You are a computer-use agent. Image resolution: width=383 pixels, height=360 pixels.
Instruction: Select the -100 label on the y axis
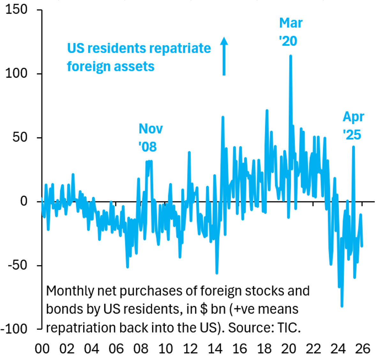pyautogui.click(x=14, y=329)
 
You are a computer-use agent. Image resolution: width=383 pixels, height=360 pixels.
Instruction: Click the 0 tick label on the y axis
pyautogui.click(x=24, y=201)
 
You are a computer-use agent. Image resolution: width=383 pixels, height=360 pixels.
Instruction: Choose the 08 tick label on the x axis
pyautogui.click(x=141, y=349)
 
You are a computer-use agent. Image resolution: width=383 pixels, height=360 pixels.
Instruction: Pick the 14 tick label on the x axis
pyautogui.click(x=215, y=349)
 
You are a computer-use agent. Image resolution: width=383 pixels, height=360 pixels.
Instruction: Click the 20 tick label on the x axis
pyautogui.click(x=289, y=349)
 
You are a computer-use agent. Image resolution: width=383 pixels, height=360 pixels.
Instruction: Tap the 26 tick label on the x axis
pyautogui.click(x=363, y=349)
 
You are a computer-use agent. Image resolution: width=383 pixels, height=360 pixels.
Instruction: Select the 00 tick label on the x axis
pyautogui.click(x=42, y=349)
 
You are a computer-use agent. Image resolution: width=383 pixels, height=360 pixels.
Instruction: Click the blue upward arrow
pyautogui.click(x=224, y=56)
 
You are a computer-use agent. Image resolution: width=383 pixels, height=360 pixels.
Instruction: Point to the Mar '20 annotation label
pyautogui.click(x=290, y=32)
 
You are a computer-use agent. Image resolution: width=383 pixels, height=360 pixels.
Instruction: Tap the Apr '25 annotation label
pyautogui.click(x=353, y=126)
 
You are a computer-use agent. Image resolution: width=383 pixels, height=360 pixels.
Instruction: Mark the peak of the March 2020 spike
pyautogui.click(x=290, y=56)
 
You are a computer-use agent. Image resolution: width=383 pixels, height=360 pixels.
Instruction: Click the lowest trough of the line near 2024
pyautogui.click(x=342, y=306)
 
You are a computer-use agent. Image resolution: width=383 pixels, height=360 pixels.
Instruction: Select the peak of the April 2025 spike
pyautogui.click(x=353, y=147)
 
